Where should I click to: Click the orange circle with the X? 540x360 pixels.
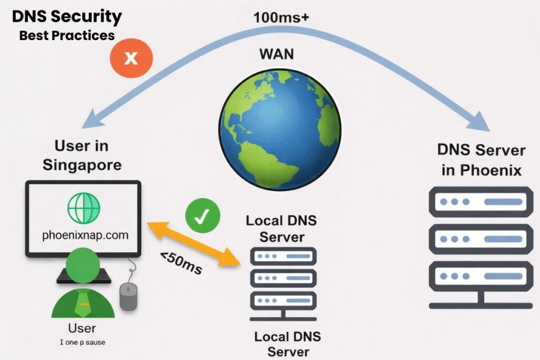point(131,58)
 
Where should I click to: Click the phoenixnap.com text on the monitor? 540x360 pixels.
point(85,235)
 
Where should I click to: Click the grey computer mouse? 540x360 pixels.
point(128,297)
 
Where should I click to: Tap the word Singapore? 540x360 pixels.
point(82,164)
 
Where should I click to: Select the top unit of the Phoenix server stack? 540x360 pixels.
point(478,202)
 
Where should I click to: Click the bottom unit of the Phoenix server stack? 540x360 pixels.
point(478,276)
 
